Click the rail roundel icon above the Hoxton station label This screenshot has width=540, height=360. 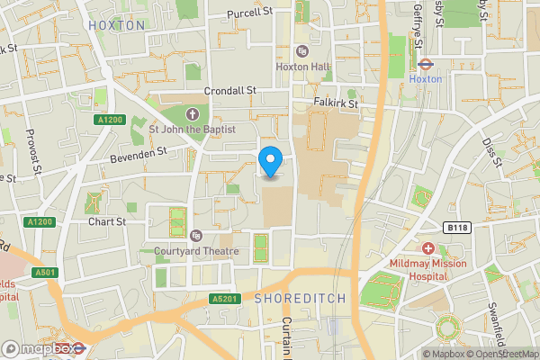click(426, 64)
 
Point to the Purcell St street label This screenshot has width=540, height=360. click(249, 13)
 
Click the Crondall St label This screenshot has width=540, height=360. click(230, 91)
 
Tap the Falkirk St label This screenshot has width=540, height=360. click(336, 103)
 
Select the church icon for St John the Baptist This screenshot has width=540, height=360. click(192, 113)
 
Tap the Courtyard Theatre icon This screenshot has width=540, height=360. click(196, 236)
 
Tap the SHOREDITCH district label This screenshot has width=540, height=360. click(295, 298)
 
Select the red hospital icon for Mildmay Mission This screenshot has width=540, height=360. click(428, 247)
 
